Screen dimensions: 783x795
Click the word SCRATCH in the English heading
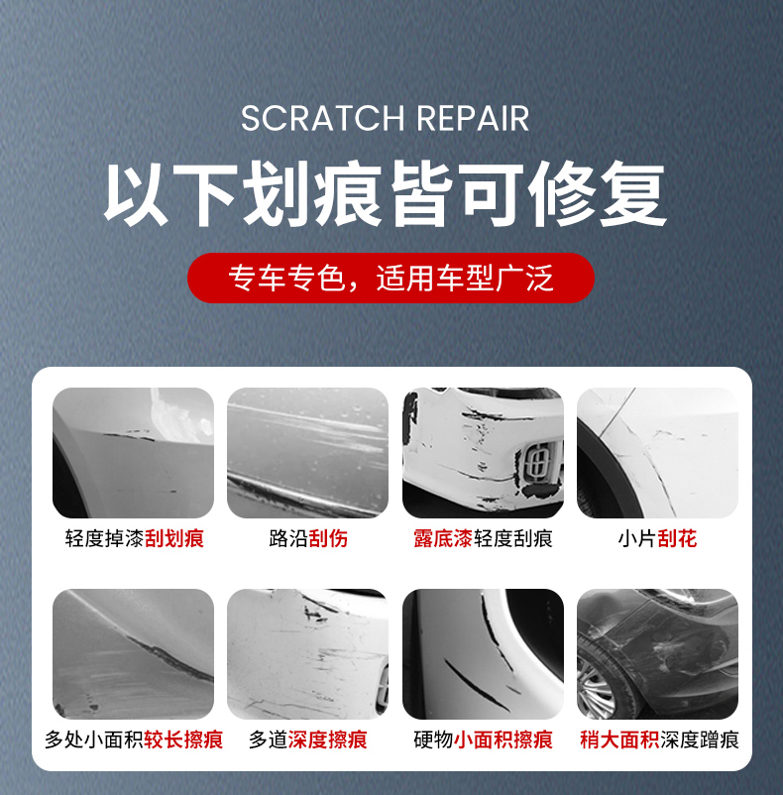pyautogui.click(x=322, y=119)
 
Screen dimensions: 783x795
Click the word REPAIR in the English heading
pyautogui.click(x=473, y=119)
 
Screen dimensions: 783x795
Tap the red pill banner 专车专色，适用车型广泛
pyautogui.click(x=391, y=278)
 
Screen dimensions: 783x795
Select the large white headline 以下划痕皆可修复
pyautogui.click(x=385, y=193)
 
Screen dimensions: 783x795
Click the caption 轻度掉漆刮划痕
pyautogui.click(x=135, y=538)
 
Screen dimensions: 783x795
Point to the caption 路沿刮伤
pyautogui.click(x=308, y=538)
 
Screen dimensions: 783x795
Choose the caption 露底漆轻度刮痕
pyautogui.click(x=483, y=538)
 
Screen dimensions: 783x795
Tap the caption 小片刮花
pyautogui.click(x=657, y=538)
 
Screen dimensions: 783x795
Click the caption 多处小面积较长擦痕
pyautogui.click(x=134, y=739)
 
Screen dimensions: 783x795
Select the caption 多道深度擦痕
pyautogui.click(x=307, y=739)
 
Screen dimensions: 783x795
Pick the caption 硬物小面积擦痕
pyautogui.click(x=483, y=739)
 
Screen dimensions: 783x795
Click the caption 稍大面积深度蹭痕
pyautogui.click(x=659, y=739)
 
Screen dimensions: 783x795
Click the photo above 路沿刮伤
pyautogui.click(x=307, y=453)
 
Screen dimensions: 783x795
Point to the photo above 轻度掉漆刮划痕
pyautogui.click(x=133, y=453)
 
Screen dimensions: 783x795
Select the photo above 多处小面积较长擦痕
pyautogui.click(x=133, y=654)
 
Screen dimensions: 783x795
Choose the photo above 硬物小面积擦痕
pyautogui.click(x=483, y=654)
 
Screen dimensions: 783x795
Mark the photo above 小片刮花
pyautogui.click(x=657, y=453)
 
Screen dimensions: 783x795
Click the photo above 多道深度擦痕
pyautogui.click(x=307, y=654)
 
